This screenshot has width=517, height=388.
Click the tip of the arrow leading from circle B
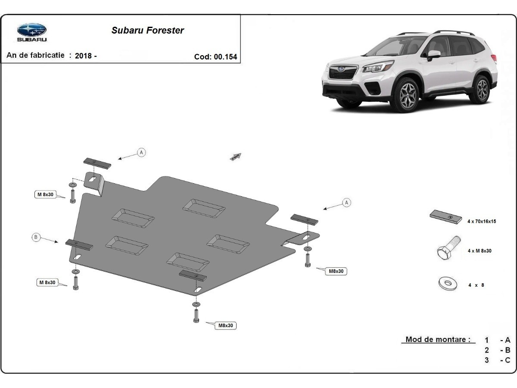[58, 242]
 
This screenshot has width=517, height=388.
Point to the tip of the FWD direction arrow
[241, 153]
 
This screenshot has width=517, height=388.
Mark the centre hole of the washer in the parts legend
[448, 282]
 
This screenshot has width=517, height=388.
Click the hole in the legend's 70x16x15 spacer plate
[450, 217]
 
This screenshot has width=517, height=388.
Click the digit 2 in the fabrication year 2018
[77, 56]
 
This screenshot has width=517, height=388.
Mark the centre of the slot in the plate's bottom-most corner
[198, 290]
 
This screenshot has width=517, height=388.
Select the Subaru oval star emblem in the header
[32, 30]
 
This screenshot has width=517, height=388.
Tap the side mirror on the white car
[433, 55]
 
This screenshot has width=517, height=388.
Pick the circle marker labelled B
[36, 237]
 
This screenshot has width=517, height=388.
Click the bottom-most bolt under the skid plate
[196, 316]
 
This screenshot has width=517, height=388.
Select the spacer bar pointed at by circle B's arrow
[79, 244]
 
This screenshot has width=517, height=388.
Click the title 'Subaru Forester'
[148, 30]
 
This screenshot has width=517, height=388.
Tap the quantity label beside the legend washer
[476, 285]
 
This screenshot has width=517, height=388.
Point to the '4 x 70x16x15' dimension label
[482, 222]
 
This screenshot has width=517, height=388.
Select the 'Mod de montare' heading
[438, 339]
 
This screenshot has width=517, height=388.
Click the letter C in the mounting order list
[508, 360]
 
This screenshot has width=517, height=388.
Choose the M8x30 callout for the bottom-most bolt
[225, 325]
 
